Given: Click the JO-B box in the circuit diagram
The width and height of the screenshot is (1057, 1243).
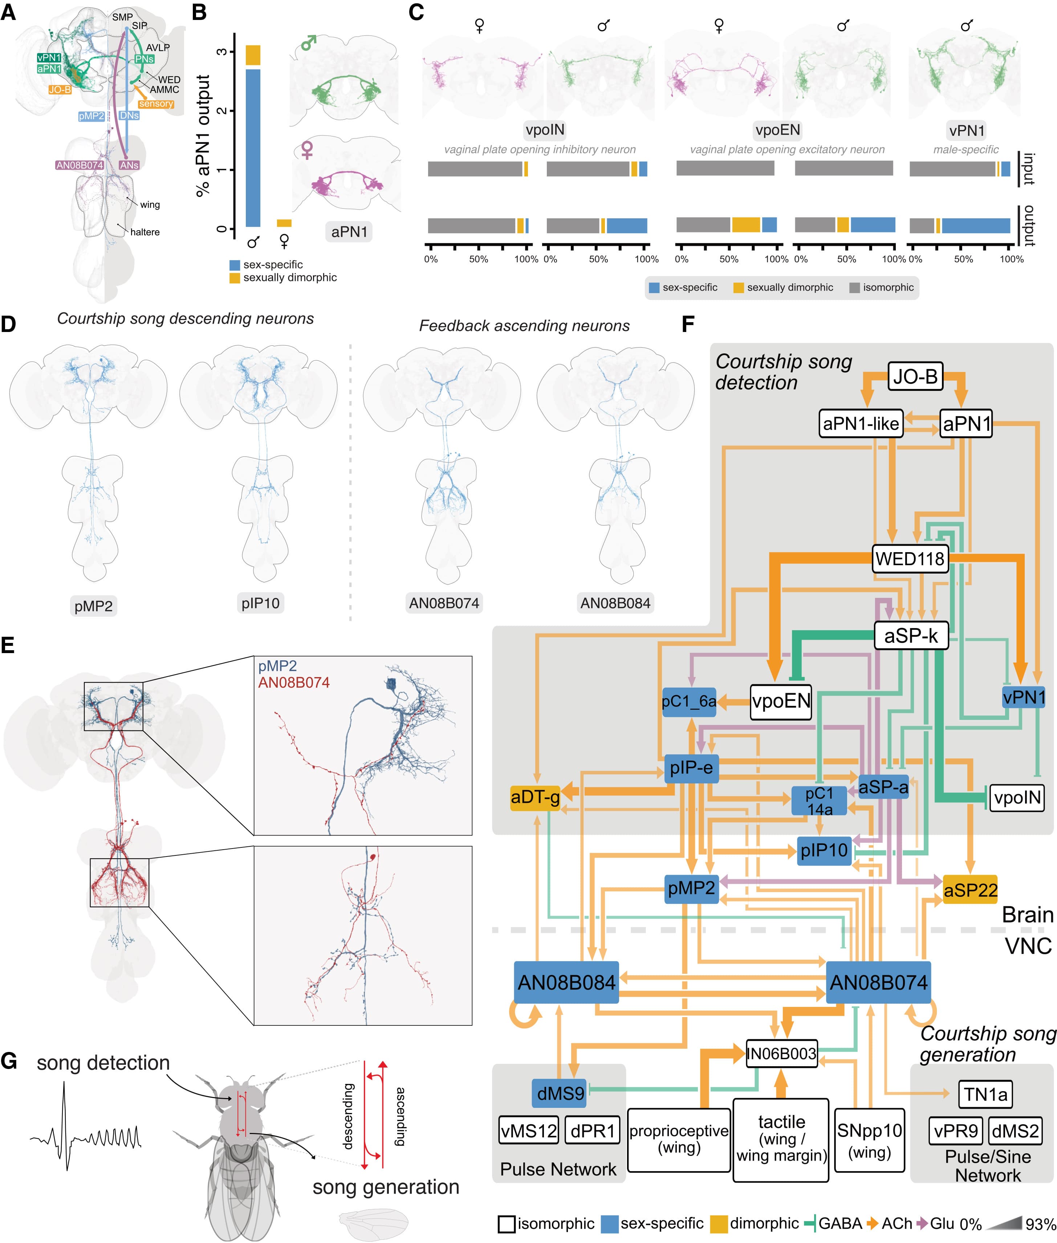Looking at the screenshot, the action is point(915,376).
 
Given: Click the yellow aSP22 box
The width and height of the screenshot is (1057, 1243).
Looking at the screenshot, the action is point(970,890).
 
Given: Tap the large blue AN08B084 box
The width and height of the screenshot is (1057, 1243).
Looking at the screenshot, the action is point(566,982).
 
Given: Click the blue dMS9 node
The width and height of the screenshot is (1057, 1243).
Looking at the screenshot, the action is point(560,1093).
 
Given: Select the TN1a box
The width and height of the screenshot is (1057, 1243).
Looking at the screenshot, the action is point(985,1094).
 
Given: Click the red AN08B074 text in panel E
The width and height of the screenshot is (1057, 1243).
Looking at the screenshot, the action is point(294,682).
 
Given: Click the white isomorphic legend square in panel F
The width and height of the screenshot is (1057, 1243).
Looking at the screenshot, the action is point(506,1224).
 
